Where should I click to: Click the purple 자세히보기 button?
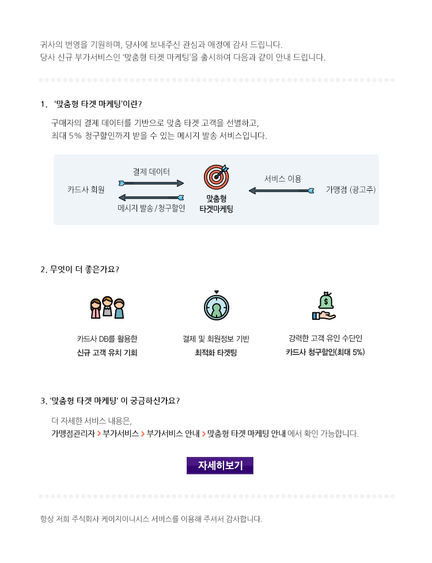pyautogui.click(x=220, y=466)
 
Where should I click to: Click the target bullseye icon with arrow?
pyautogui.click(x=216, y=177)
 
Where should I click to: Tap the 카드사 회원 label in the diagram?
pyautogui.click(x=86, y=190)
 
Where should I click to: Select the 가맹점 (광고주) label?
pyautogui.click(x=351, y=190)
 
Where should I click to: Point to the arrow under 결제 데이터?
pyautogui.click(x=151, y=183)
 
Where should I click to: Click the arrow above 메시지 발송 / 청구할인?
pyautogui.click(x=151, y=197)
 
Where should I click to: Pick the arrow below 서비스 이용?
pyautogui.click(x=281, y=191)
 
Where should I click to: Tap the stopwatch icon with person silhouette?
pyautogui.click(x=217, y=305)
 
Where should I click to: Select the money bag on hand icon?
pyautogui.click(x=324, y=306)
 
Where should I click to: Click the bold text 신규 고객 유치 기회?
pyautogui.click(x=107, y=353)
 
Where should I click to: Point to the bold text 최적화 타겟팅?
pyautogui.click(x=216, y=353)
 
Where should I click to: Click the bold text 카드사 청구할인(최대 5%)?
pyautogui.click(x=325, y=352)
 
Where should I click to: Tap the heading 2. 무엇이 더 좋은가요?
pyautogui.click(x=79, y=269)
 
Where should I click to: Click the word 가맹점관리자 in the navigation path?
pyautogui.click(x=73, y=433)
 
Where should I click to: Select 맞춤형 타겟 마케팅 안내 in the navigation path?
pyautogui.click(x=247, y=433)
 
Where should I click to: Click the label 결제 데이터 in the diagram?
pyautogui.click(x=151, y=172)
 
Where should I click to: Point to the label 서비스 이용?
pyautogui.click(x=283, y=179)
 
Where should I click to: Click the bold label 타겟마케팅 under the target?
pyautogui.click(x=217, y=209)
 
